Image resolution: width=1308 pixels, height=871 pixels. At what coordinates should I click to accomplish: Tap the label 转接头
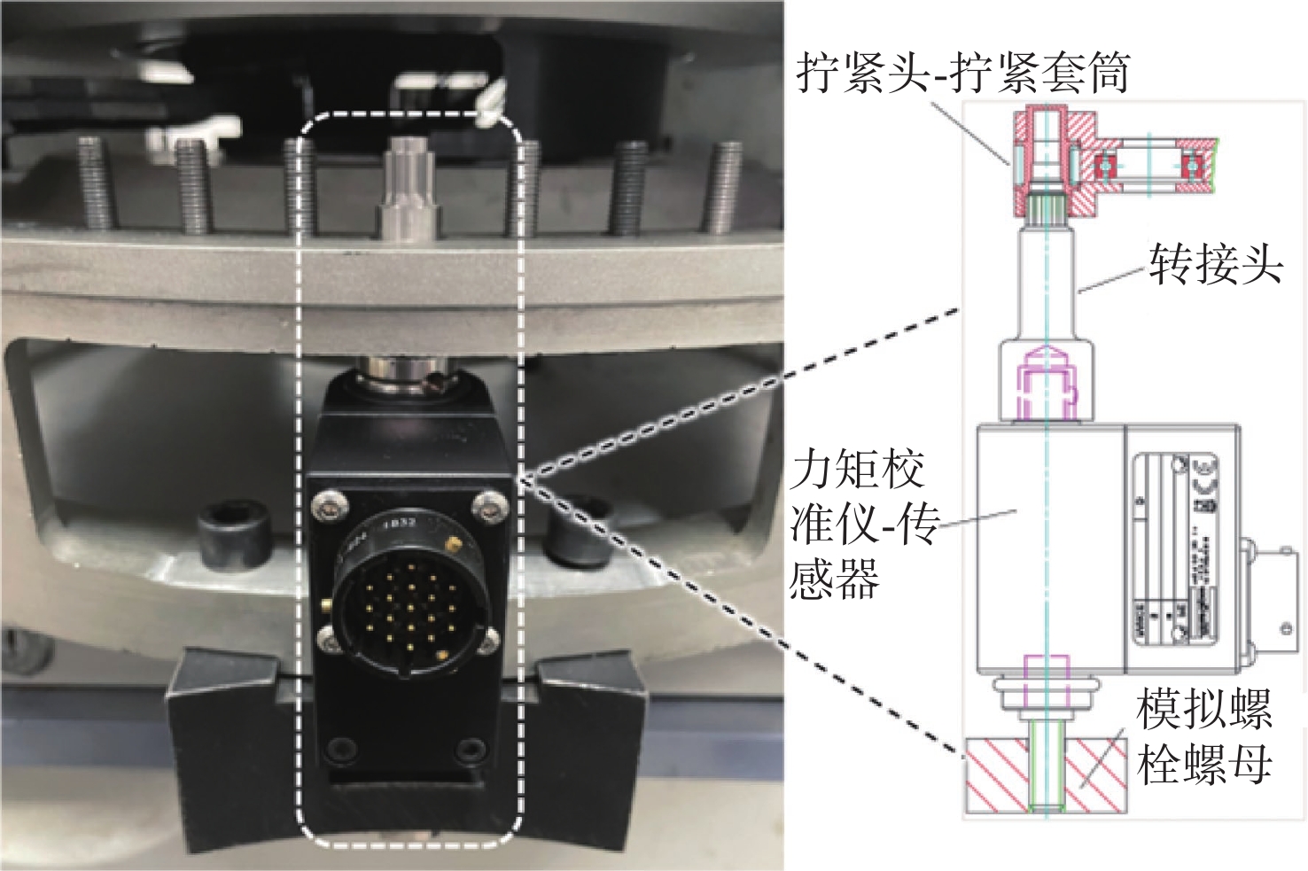point(1216,263)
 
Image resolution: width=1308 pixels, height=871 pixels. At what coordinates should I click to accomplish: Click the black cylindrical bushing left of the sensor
point(232,540)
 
